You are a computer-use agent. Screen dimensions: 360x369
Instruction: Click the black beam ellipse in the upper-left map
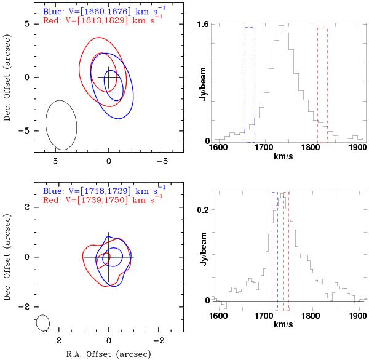pyautogui.click(x=61, y=125)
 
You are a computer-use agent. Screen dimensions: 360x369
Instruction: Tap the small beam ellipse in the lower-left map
pyautogui.click(x=43, y=322)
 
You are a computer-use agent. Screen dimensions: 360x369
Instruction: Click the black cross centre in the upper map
pyautogui.click(x=109, y=78)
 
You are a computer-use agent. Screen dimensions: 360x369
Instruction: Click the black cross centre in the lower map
pyautogui.click(x=109, y=257)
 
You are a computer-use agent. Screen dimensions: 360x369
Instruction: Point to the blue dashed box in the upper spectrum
pyautogui.click(x=250, y=84)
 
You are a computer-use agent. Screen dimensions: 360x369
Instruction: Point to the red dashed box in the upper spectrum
pyautogui.click(x=322, y=84)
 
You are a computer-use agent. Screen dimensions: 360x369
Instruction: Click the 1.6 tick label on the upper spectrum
pyautogui.click(x=202, y=25)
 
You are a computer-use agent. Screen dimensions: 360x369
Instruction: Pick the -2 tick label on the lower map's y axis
pyautogui.click(x=25, y=306)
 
